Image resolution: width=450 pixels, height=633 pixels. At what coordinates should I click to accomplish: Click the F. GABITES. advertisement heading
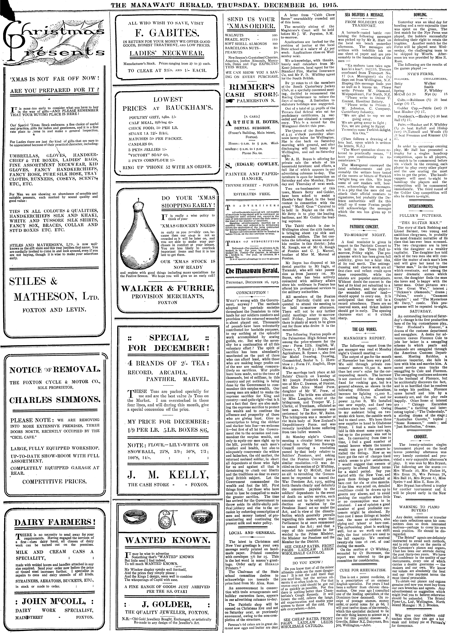point(166,34)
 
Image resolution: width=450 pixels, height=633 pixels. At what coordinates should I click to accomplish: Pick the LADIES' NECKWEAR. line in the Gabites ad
point(166,53)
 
